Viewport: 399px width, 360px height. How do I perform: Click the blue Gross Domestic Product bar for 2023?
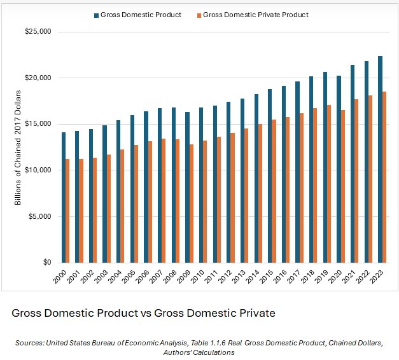click(380, 159)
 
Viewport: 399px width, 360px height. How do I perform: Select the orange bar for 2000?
click(67, 211)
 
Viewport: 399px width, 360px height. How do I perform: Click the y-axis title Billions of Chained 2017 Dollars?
click(18, 148)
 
